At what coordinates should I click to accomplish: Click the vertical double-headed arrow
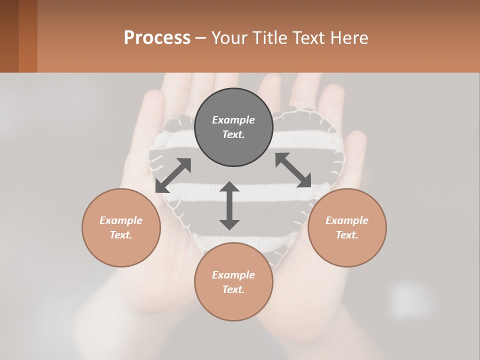click(x=229, y=205)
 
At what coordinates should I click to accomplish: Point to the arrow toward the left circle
click(x=173, y=175)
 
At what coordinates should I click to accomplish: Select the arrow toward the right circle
click(x=293, y=170)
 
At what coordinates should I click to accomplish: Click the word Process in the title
click(x=157, y=37)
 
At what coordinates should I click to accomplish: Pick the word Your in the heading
click(x=229, y=37)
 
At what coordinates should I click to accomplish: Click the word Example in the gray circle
click(x=233, y=120)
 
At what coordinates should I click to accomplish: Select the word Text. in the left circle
click(x=121, y=235)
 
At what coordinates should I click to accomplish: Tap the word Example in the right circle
click(x=347, y=220)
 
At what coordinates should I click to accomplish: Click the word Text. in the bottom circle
click(x=233, y=289)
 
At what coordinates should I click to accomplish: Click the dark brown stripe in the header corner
click(x=9, y=36)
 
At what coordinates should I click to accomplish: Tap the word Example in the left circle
click(x=121, y=220)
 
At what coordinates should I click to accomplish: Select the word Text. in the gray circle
click(x=233, y=134)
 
